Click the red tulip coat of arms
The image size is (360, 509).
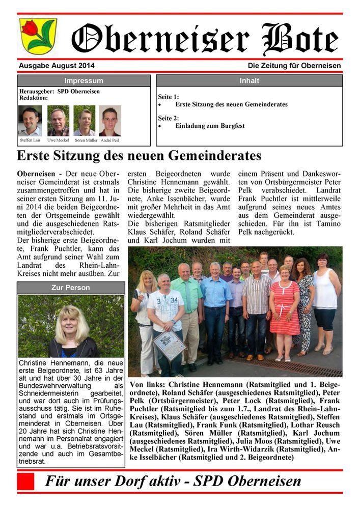(x=38, y=36)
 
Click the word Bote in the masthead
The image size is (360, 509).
(x=300, y=39)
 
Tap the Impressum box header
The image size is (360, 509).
(x=84, y=81)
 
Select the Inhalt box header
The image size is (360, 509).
(x=249, y=81)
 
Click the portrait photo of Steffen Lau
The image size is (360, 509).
(x=30, y=121)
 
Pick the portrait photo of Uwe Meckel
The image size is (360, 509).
(x=58, y=121)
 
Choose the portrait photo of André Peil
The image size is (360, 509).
(x=110, y=121)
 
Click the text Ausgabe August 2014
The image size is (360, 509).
(x=57, y=66)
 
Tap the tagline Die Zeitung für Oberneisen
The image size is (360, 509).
(x=294, y=66)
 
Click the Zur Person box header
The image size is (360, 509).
(x=70, y=288)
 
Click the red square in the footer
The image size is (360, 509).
(x=25, y=481)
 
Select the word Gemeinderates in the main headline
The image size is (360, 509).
(x=207, y=156)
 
